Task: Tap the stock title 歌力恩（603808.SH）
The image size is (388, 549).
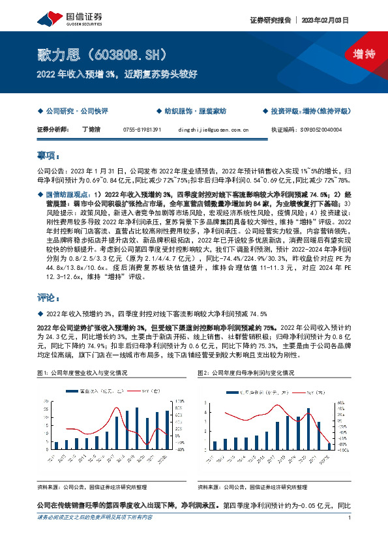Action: point(103,53)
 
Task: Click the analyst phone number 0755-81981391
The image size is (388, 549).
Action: point(142,130)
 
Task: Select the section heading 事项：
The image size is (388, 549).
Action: point(48,156)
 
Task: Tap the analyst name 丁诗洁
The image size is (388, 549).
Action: point(92,130)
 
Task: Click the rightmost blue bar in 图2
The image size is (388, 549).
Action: point(329,447)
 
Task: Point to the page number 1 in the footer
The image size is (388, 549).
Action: point(350,536)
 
